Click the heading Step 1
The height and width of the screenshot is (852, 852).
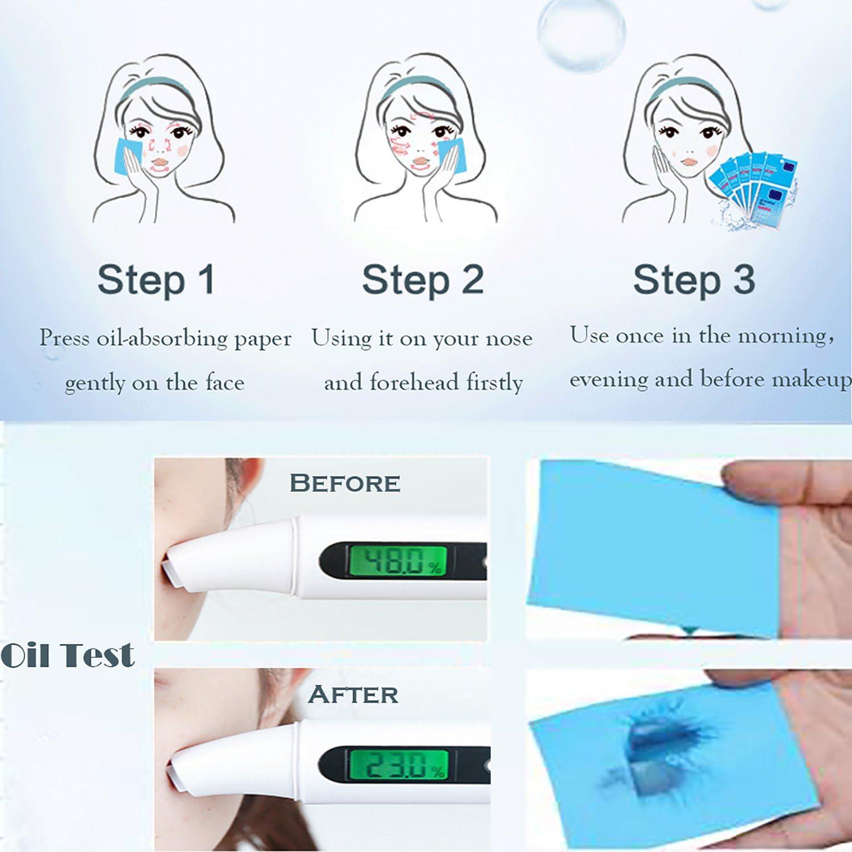pos(156,279)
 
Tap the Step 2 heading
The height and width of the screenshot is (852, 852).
pos(423,279)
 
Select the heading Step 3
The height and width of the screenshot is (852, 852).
pos(694,279)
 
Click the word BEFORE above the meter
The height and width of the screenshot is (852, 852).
pos(345,483)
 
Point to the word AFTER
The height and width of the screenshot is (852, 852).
pos(353,695)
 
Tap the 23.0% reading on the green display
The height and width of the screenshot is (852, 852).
pos(398,765)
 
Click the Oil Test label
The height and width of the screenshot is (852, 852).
pos(68,655)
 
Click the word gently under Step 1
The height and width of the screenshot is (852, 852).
pos(94,384)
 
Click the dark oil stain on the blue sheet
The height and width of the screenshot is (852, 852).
pos(653,738)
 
